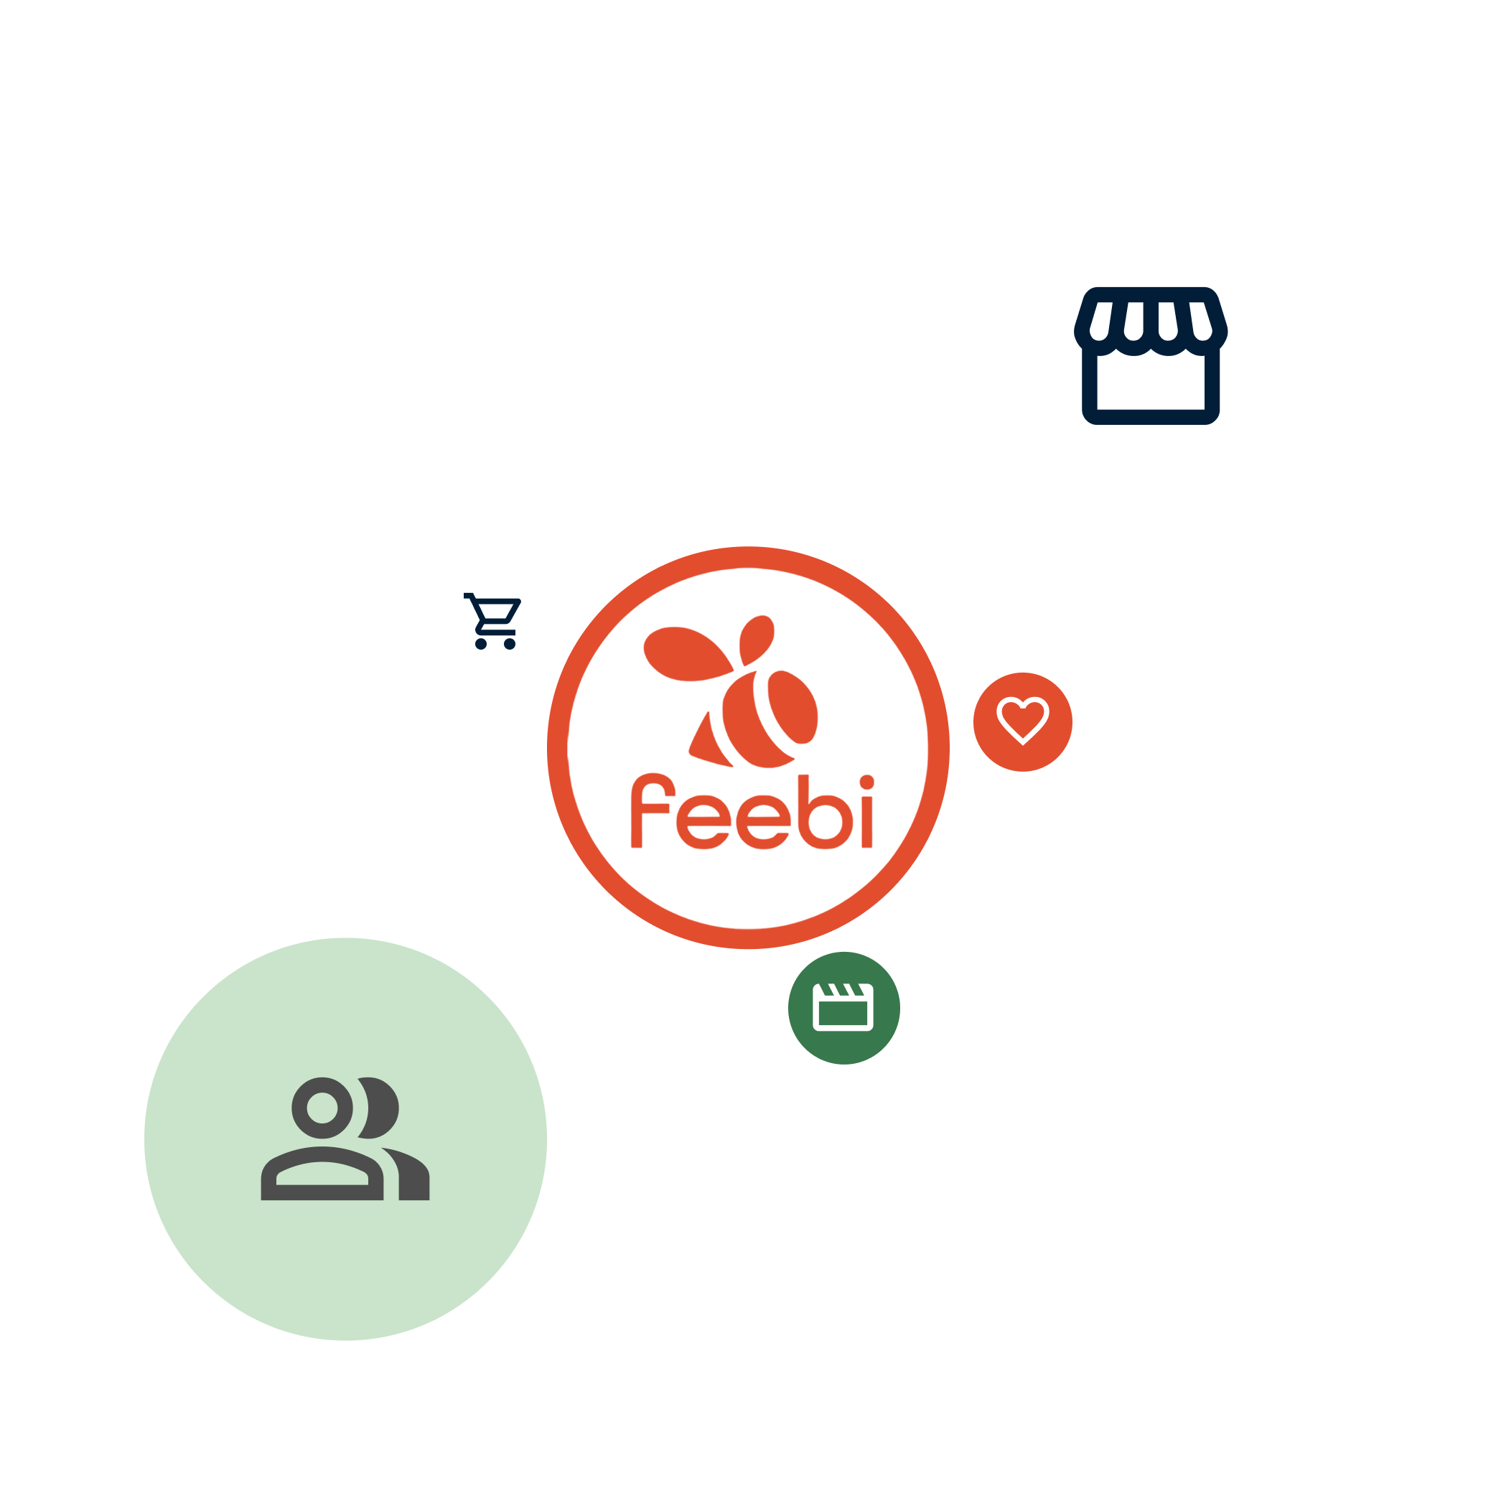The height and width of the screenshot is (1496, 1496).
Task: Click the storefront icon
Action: click(x=1151, y=356)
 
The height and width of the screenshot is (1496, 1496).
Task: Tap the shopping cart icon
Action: click(x=493, y=620)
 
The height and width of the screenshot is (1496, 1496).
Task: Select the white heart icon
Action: click(x=1022, y=719)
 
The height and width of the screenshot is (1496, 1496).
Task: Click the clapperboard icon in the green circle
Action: click(x=843, y=1006)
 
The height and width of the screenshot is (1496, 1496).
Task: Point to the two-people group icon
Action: click(x=345, y=1139)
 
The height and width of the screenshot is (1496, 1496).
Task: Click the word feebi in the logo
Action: click(x=751, y=813)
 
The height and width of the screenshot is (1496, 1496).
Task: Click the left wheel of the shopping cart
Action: click(x=481, y=643)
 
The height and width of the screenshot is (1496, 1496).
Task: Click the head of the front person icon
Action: click(x=322, y=1108)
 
